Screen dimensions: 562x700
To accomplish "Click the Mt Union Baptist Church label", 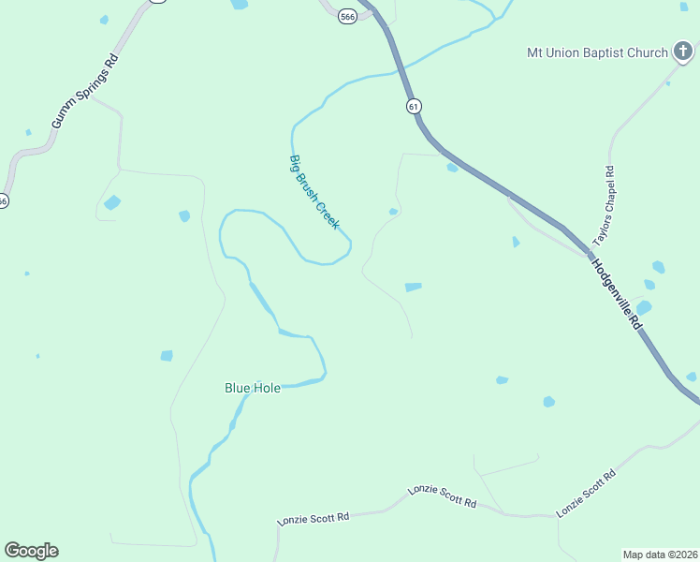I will [x=596, y=52].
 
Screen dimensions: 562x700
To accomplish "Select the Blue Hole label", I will [x=252, y=387].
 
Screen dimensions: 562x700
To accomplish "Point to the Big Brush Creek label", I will [x=314, y=193].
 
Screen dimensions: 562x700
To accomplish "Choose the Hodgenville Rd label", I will [x=616, y=293].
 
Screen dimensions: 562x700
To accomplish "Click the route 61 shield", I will [x=413, y=106].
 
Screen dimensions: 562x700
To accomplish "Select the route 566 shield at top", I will [x=347, y=17].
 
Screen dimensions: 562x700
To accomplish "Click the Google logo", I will [x=31, y=551].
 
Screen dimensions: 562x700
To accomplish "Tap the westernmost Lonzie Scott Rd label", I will [x=314, y=517].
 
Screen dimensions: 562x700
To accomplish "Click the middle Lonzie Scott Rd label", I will [x=442, y=496].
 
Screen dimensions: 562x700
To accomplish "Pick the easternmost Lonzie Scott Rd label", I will [x=587, y=493].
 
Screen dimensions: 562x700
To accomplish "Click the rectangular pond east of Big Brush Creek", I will [x=413, y=287].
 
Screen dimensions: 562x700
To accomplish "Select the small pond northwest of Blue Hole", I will [x=167, y=355].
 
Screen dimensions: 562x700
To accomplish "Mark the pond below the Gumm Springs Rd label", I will [x=112, y=202].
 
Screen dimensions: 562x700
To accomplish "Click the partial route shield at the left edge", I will [x=3, y=200].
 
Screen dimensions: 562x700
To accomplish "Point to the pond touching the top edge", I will [x=240, y=4].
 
